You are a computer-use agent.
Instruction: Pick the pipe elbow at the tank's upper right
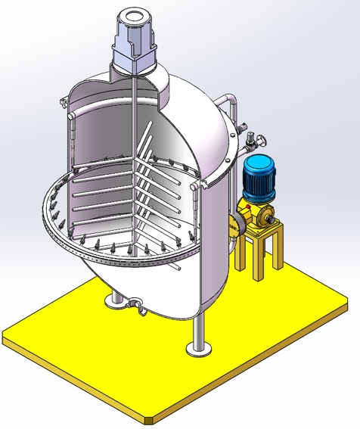[x=230, y=100]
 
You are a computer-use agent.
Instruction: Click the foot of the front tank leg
[x=199, y=349]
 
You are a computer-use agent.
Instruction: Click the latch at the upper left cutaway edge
[x=64, y=102]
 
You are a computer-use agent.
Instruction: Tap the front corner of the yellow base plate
[x=149, y=417]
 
